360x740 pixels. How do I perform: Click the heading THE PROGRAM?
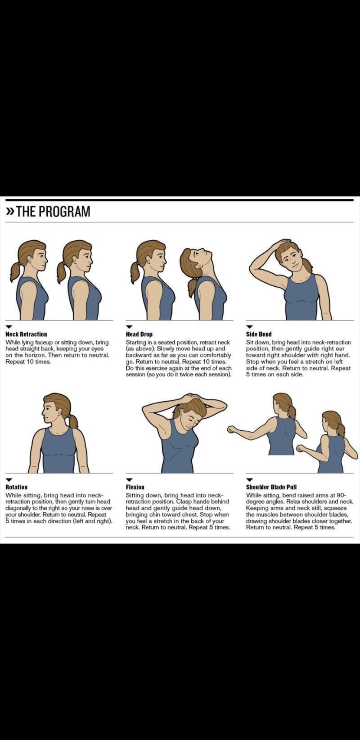click(x=53, y=211)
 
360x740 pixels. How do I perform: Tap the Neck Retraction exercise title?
click(x=26, y=334)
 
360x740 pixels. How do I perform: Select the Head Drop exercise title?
click(x=139, y=334)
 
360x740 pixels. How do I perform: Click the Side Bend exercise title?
click(x=259, y=334)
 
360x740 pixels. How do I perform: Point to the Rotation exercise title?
click(x=16, y=487)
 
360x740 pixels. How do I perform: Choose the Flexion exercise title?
click(x=135, y=487)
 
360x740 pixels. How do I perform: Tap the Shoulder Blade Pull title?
click(x=272, y=487)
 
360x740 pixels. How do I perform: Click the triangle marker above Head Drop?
click(x=129, y=327)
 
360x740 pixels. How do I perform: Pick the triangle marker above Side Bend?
click(x=249, y=327)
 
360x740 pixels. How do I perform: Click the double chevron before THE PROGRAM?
click(x=10, y=212)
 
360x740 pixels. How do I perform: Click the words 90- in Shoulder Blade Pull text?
click(x=341, y=495)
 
